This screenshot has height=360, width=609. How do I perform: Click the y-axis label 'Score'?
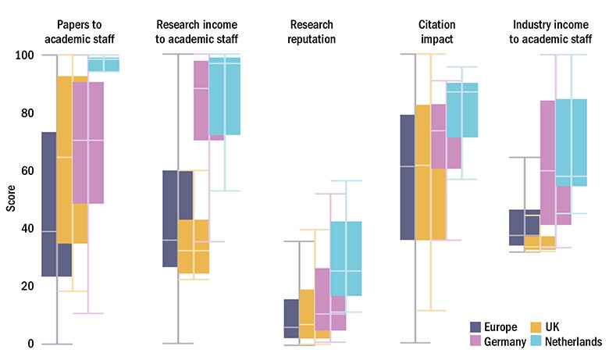point(10,200)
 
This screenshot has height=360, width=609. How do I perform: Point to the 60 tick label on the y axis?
point(28,171)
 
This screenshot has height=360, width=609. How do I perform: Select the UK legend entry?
point(550,326)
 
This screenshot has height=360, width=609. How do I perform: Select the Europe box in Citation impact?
point(408,177)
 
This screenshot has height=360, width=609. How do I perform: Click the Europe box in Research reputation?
point(290,319)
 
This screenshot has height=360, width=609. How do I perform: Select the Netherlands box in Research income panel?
point(225,96)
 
